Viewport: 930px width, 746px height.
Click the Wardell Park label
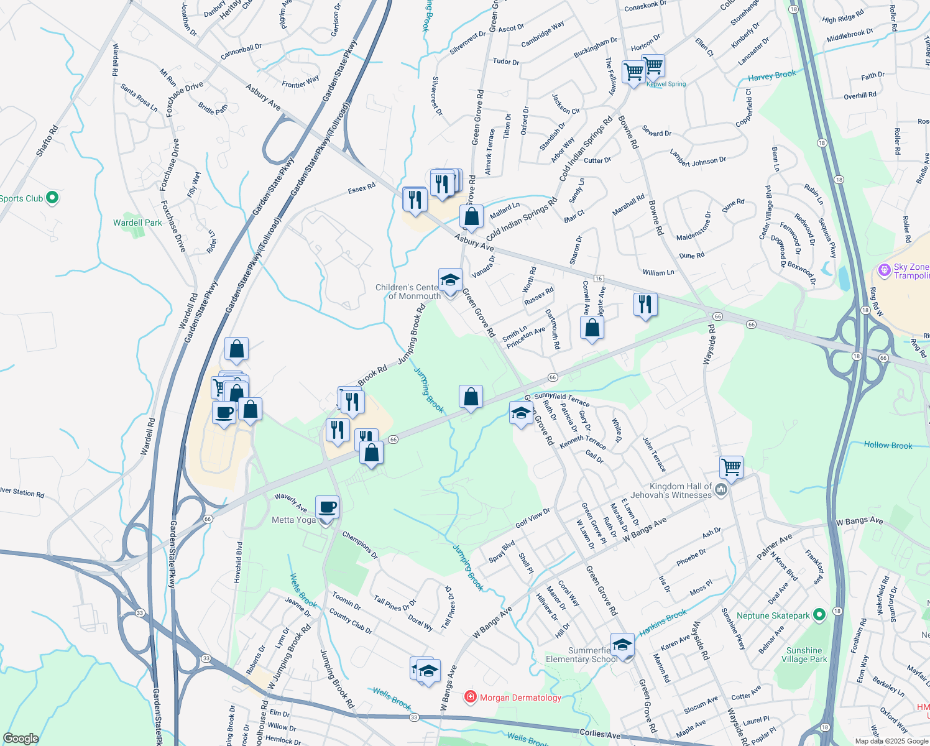click(x=137, y=223)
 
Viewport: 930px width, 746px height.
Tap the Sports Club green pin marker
click(x=52, y=198)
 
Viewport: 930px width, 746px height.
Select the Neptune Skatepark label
click(x=773, y=615)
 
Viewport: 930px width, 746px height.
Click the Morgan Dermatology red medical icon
click(x=471, y=697)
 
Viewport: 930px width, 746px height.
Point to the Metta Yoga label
click(x=293, y=520)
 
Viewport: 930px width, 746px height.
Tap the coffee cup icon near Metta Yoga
click(x=327, y=507)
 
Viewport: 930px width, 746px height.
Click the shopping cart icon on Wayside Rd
click(x=731, y=466)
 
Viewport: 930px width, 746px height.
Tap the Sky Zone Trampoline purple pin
click(x=884, y=270)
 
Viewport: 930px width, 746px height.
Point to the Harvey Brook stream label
click(x=771, y=76)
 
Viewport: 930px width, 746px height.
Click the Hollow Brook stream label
click(x=888, y=445)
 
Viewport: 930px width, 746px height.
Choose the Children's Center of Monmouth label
click(x=407, y=292)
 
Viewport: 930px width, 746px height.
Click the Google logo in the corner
click(x=21, y=739)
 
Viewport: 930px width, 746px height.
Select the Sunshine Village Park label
click(x=804, y=655)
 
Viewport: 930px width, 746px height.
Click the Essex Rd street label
click(x=361, y=188)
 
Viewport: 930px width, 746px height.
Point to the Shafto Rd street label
click(x=47, y=140)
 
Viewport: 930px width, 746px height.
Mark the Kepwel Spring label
click(x=666, y=84)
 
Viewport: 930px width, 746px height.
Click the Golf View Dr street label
click(x=533, y=517)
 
